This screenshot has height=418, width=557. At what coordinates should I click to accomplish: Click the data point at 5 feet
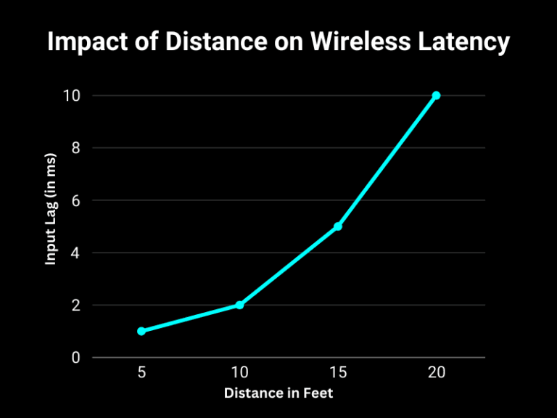coord(141,331)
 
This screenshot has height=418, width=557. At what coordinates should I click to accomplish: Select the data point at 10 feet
coord(239,305)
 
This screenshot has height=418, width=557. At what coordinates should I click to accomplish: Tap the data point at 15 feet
coord(338,226)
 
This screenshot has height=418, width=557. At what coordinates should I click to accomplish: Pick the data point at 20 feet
coord(436,96)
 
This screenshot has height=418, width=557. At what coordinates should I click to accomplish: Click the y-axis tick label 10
coord(71,96)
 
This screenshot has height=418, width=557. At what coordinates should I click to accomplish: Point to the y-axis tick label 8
coord(75,148)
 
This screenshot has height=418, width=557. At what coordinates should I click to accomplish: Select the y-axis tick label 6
coord(75,200)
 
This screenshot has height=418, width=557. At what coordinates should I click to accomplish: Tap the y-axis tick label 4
coord(75,253)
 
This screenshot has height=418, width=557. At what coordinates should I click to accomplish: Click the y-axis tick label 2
coord(75,305)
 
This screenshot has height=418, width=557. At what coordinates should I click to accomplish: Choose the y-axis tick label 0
coord(75,357)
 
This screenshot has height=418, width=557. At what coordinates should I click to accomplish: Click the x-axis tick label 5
coord(141,372)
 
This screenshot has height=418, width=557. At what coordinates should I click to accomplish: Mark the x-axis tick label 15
coord(338,372)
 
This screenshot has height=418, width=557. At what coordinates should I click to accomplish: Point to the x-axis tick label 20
coord(436,372)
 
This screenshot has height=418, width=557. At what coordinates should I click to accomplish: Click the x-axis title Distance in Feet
coord(278,393)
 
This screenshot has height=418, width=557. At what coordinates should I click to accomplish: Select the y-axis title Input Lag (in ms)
coord(51,209)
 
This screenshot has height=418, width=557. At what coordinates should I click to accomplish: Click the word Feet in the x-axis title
coord(318,393)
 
